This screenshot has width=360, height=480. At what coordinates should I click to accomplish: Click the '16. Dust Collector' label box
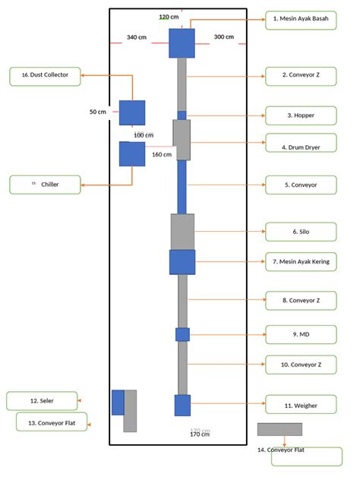(x=45, y=76)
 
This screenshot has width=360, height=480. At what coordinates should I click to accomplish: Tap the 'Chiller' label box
(x=45, y=184)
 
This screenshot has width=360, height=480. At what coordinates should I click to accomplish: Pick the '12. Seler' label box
(x=42, y=400)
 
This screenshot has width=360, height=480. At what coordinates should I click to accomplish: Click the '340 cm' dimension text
(x=137, y=37)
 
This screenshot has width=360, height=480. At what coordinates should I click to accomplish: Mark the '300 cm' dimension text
(x=223, y=36)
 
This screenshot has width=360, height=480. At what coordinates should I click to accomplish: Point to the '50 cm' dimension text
(x=98, y=112)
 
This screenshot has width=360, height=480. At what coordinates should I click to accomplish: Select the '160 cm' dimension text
(x=161, y=154)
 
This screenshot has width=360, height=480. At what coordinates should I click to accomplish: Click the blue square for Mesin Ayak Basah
(x=182, y=43)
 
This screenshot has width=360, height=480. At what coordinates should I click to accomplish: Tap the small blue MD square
(x=182, y=334)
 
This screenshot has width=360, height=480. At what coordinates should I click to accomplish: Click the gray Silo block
(x=182, y=232)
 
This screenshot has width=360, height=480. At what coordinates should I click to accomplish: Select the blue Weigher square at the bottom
(x=182, y=405)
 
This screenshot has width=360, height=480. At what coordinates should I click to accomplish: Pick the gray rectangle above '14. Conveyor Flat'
(x=279, y=429)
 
